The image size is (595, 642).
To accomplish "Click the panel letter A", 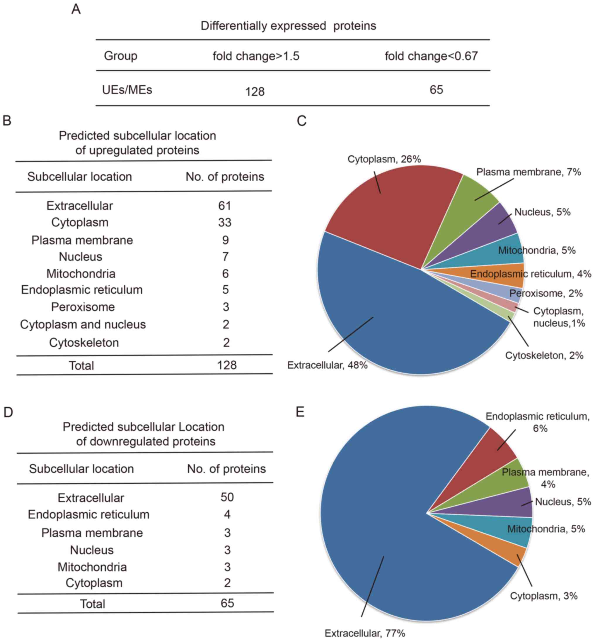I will click(76, 9).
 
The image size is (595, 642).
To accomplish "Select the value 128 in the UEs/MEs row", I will click(255, 92).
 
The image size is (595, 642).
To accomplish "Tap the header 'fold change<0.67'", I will click(431, 56).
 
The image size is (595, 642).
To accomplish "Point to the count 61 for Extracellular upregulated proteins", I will click(225, 206).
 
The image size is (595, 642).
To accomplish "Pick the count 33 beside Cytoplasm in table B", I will click(225, 222).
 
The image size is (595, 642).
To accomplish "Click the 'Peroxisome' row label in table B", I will click(83, 307).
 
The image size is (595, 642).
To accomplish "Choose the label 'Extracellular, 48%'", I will click(327, 365).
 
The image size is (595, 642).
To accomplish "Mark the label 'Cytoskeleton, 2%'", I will click(544, 355).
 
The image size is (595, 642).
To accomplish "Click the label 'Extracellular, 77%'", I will click(364, 633).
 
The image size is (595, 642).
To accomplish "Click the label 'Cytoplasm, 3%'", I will click(543, 596).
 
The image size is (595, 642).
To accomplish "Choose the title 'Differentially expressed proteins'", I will click(288, 26).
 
